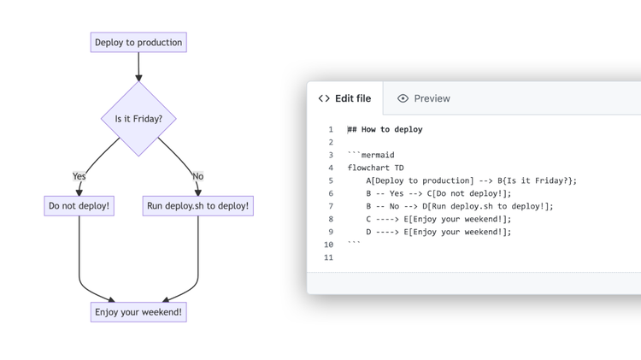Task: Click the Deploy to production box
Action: (x=138, y=42)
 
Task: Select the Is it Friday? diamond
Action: (x=138, y=119)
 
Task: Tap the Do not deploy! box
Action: (x=79, y=206)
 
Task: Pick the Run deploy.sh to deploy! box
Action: (x=198, y=206)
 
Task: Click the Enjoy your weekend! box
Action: (x=138, y=312)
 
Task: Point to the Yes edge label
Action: (x=79, y=176)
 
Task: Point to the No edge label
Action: (x=198, y=176)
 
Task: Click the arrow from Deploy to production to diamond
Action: (x=138, y=67)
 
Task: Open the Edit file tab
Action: (x=344, y=98)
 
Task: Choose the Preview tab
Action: (x=424, y=98)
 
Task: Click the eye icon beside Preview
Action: (x=403, y=98)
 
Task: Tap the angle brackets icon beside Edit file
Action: (x=324, y=98)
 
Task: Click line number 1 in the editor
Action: (x=331, y=129)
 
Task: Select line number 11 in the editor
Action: (x=329, y=257)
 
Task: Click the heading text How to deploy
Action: (x=391, y=129)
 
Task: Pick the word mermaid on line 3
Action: (x=378, y=155)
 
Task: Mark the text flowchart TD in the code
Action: (x=375, y=168)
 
